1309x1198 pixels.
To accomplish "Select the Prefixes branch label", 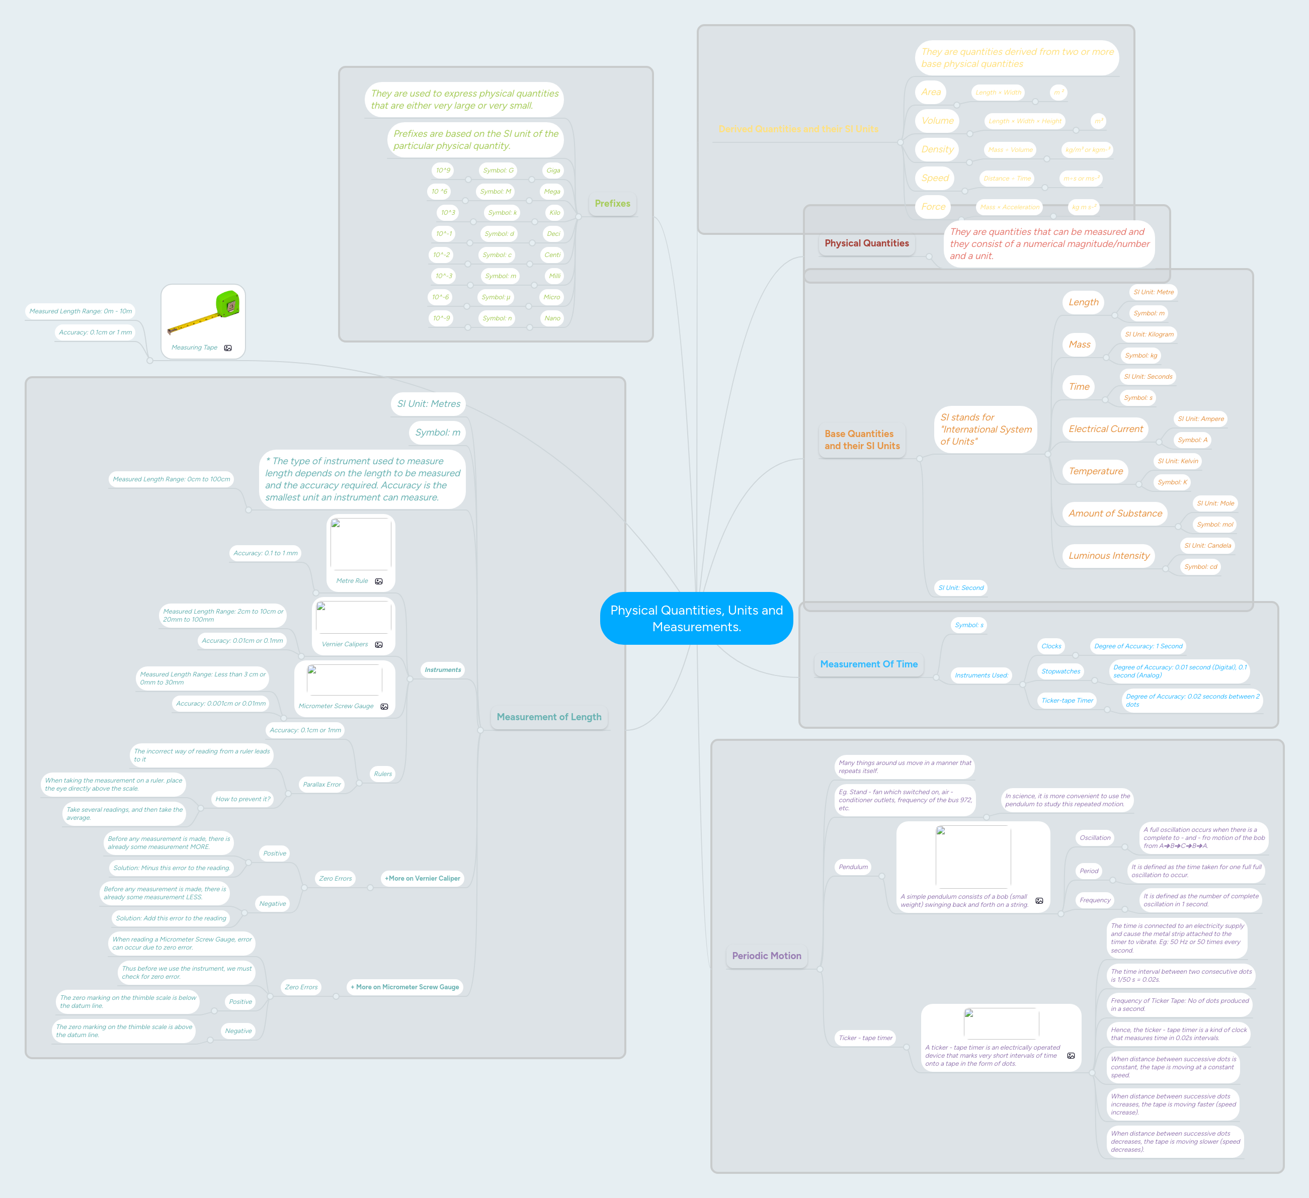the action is click(612, 203).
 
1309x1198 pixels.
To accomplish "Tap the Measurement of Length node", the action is click(549, 717).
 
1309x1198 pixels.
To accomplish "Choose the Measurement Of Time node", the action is click(868, 664).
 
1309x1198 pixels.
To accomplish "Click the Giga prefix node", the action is click(552, 170).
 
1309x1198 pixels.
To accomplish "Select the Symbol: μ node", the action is click(496, 297).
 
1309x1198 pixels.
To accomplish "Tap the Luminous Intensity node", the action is click(1108, 556).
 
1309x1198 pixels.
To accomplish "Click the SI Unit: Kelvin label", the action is click(1178, 461).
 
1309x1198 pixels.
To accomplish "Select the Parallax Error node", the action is click(321, 784).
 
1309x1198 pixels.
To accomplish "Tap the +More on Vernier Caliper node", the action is click(422, 878).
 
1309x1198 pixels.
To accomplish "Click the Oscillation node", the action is click(1095, 837).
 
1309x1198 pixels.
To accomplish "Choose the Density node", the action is click(937, 149).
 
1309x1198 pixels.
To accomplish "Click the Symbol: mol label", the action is click(1214, 525).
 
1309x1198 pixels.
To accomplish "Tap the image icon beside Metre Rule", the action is click(378, 581).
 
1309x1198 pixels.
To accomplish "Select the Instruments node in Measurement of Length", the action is click(442, 670).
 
